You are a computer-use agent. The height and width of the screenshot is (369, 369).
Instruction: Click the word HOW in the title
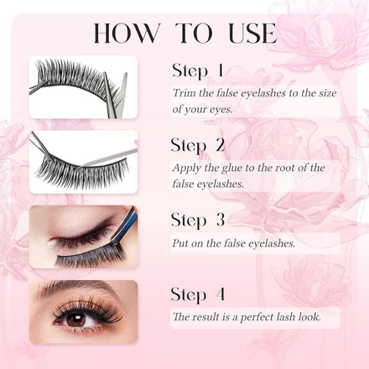pyautogui.click(x=127, y=33)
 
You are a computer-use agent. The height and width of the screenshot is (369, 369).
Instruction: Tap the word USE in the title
pyautogui.click(x=252, y=33)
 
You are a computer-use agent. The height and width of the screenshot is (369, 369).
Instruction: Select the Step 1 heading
pyautogui.click(x=198, y=70)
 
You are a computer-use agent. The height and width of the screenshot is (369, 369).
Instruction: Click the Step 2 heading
pyautogui.click(x=198, y=145)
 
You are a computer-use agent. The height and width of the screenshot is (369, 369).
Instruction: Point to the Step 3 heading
pyautogui.click(x=198, y=220)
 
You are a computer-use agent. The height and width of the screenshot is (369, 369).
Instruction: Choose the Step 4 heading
pyautogui.click(x=198, y=294)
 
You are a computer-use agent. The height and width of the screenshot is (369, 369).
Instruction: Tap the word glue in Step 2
pyautogui.click(x=232, y=168)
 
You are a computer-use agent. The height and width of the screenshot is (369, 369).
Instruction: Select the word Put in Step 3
pyautogui.click(x=180, y=243)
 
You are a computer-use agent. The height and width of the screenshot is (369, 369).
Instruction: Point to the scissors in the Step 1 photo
pyautogui.click(x=115, y=94)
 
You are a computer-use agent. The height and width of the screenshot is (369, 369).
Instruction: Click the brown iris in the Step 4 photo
pyautogui.click(x=76, y=320)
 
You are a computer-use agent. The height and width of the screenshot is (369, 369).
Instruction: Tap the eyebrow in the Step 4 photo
pyautogui.click(x=75, y=288)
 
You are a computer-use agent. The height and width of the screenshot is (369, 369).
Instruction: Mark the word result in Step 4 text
pyautogui.click(x=202, y=317)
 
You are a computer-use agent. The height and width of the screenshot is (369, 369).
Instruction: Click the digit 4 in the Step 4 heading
pyautogui.click(x=221, y=294)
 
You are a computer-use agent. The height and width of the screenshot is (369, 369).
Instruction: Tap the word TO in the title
pyautogui.click(x=194, y=33)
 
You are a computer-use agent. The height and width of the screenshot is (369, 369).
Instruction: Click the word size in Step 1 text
pyautogui.click(x=327, y=93)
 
